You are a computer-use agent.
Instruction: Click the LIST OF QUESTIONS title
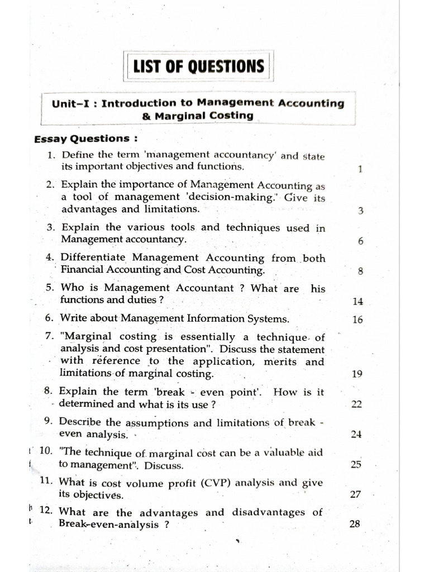198,67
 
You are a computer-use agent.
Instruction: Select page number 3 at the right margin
360,211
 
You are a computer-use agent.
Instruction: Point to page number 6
360,241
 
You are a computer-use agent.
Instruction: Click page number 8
360,271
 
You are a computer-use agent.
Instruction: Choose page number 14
358,302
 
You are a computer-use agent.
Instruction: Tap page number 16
358,320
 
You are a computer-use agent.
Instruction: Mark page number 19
358,374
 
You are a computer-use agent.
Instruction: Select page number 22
357,404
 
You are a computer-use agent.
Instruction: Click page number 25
356,465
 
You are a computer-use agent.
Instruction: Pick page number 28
355,525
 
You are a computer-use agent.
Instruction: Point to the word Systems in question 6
270,319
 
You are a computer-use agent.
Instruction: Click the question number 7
50,337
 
